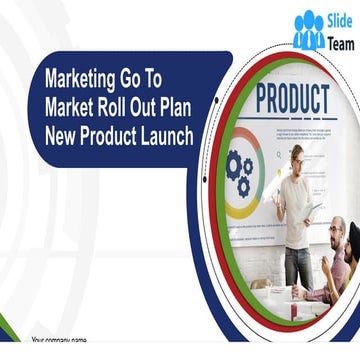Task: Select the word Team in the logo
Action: coord(340,42)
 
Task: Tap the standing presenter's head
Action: coord(297,156)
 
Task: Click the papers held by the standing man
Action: coord(311,211)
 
